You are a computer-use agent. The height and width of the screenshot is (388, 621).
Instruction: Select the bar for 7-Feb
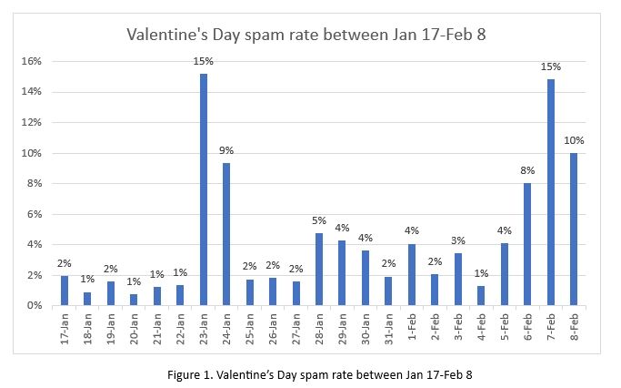coord(551,192)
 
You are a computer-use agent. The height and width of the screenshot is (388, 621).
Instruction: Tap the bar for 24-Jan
coord(225,234)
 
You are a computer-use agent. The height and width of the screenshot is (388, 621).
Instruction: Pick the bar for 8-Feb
coord(574,229)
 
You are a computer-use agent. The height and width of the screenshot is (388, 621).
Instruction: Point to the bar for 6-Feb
coord(527,244)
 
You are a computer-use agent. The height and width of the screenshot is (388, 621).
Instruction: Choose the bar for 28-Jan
coord(318,269)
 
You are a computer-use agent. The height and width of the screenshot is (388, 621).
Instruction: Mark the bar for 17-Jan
coord(64,291)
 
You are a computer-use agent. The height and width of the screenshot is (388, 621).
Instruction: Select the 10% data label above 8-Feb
coord(574,141)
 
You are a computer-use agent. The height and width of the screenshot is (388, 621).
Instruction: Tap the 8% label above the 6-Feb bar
coord(527,171)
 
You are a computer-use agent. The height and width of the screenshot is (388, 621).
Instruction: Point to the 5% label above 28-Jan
coord(318,221)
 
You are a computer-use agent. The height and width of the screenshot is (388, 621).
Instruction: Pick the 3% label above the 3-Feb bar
coord(458,241)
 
